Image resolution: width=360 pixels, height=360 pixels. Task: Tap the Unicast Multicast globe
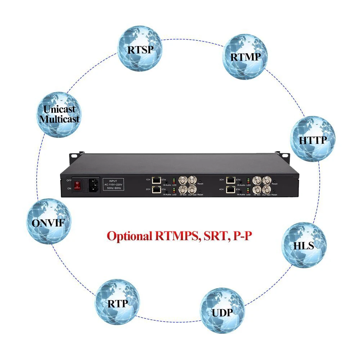[59, 114]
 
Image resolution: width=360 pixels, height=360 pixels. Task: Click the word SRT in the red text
[213, 236]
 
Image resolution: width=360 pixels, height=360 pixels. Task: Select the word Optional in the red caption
[130, 237]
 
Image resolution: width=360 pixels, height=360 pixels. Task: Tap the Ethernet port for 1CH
[157, 180]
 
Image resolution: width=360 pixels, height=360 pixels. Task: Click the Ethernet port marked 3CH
[231, 180]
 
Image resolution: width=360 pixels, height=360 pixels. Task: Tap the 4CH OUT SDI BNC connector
[267, 190]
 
